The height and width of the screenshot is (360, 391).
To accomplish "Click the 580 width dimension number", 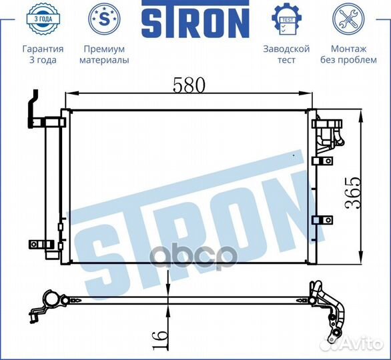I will tap(189, 85).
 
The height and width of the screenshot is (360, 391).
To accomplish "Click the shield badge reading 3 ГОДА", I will tap(43, 20).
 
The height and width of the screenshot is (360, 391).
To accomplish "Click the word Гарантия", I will tap(43, 49).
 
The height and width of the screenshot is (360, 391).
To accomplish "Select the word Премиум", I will tap(104, 49).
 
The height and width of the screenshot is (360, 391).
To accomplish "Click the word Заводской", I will tap(287, 49).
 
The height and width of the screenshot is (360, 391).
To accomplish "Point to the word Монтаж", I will tap(348, 49).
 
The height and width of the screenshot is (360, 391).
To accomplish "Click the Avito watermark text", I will tap(364, 345).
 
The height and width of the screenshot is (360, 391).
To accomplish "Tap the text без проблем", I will tap(348, 60).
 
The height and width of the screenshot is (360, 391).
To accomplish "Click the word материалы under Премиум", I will tap(104, 60).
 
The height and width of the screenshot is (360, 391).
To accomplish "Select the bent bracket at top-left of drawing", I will tap(32, 107).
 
